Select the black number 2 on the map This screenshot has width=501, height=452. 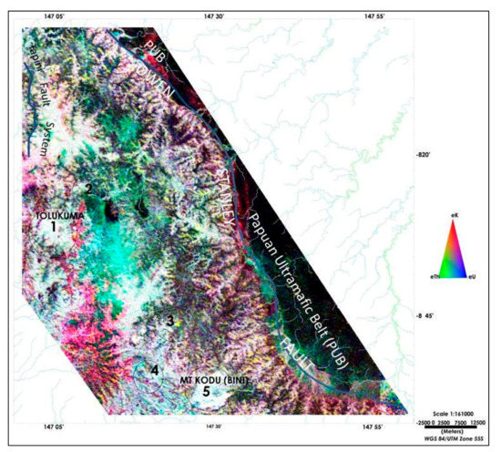[88, 189]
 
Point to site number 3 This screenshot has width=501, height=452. [169, 321]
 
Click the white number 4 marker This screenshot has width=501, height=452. [155, 370]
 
